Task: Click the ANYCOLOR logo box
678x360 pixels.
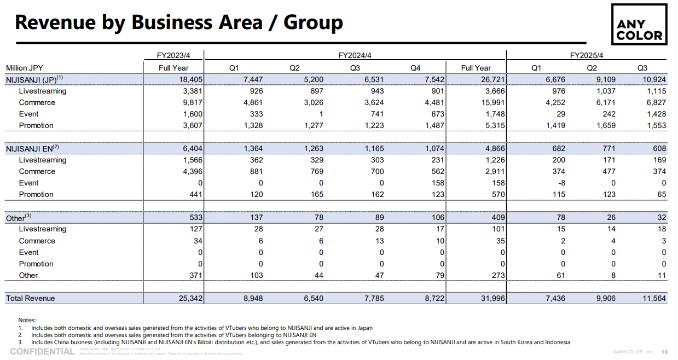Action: tap(639, 25)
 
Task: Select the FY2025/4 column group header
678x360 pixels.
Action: tap(586, 55)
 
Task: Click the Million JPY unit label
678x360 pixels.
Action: tap(25, 68)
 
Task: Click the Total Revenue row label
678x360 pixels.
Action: tap(31, 298)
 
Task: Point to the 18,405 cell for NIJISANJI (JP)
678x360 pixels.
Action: tap(189, 79)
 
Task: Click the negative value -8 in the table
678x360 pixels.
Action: tap(560, 183)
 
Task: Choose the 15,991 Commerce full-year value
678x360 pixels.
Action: tap(490, 102)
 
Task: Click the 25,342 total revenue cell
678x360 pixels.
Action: tap(189, 298)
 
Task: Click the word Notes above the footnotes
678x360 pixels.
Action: tap(27, 320)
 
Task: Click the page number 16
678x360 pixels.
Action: tap(665, 352)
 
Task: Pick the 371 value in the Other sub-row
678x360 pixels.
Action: tap(196, 275)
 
